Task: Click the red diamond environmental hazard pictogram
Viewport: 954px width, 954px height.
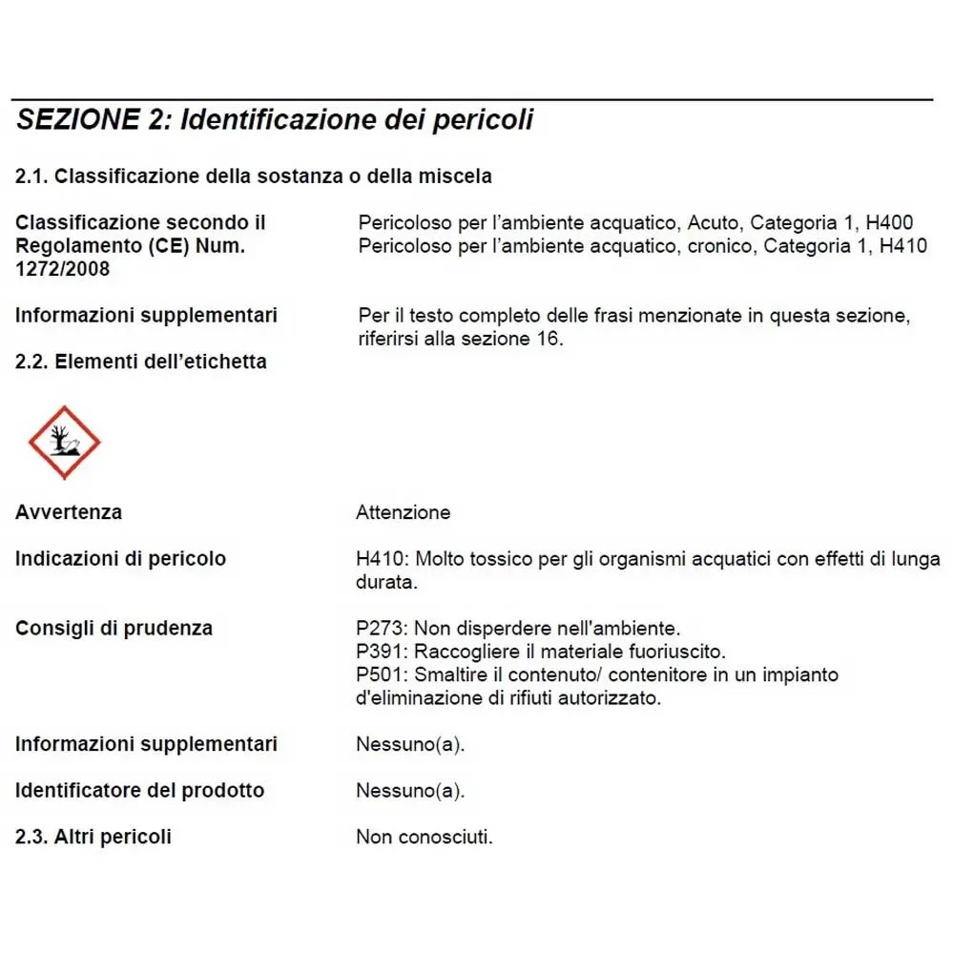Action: point(63,442)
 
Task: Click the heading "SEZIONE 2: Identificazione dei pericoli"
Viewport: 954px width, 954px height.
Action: point(275,121)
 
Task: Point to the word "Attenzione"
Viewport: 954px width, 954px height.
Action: point(403,512)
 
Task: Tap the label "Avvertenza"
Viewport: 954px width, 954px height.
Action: point(69,512)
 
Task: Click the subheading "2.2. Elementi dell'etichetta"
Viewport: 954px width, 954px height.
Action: point(141,362)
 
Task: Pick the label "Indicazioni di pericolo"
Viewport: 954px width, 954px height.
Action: point(120,559)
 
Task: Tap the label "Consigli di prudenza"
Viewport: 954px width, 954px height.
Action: point(114,629)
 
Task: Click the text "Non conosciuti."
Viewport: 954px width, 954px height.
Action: point(425,838)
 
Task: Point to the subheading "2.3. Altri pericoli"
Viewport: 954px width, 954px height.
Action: point(93,838)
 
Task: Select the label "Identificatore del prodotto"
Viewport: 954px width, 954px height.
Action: point(139,791)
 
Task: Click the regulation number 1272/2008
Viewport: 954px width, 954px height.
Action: point(62,269)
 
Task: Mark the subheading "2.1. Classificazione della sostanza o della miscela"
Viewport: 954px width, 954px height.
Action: point(254,176)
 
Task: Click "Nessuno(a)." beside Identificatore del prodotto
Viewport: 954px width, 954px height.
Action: point(410,791)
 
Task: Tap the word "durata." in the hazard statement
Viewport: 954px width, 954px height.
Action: point(386,582)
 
